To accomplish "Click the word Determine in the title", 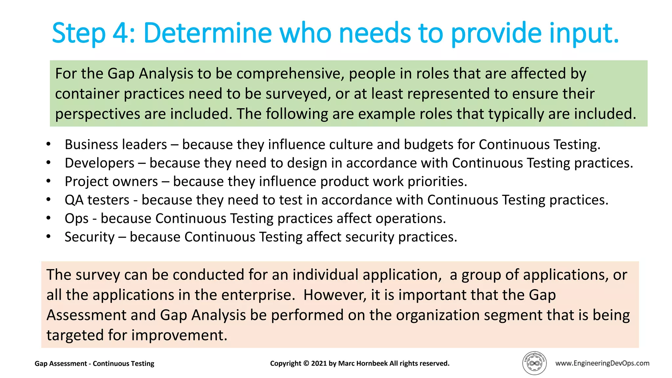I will tap(207, 33).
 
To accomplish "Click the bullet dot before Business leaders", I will tap(49, 144).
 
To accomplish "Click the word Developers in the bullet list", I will tap(99, 163).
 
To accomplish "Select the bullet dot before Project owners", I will tap(49, 181).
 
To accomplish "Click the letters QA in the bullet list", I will tap(74, 200).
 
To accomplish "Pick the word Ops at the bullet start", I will tap(76, 219).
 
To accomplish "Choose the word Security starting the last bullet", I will tap(90, 237).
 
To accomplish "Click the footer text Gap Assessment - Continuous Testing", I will tap(94, 364).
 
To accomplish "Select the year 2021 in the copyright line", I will tap(318, 364).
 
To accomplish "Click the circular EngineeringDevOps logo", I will tap(534, 363).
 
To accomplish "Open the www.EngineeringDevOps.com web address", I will tap(602, 363).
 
